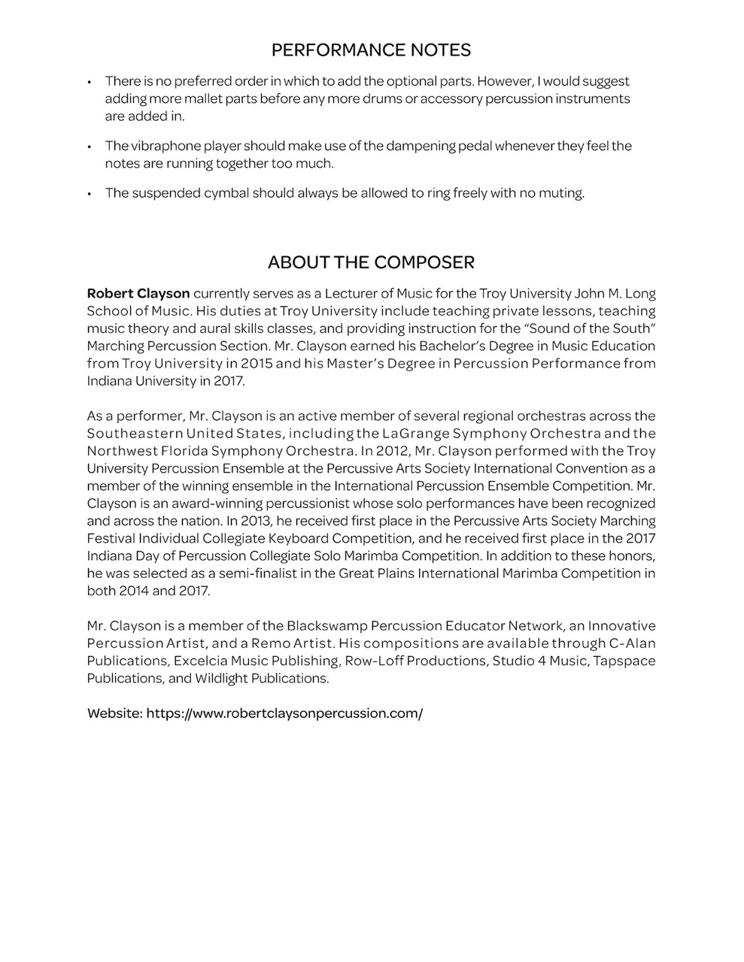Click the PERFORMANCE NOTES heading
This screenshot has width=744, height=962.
tap(371, 50)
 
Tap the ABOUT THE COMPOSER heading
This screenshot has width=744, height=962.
tap(371, 262)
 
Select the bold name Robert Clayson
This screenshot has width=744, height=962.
tap(138, 293)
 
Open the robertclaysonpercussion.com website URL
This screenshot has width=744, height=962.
tap(284, 713)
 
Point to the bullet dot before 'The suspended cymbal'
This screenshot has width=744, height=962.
tap(90, 194)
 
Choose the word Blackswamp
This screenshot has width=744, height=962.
tap(323, 626)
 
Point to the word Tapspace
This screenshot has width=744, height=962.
tap(624, 661)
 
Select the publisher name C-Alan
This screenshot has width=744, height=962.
tap(633, 643)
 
